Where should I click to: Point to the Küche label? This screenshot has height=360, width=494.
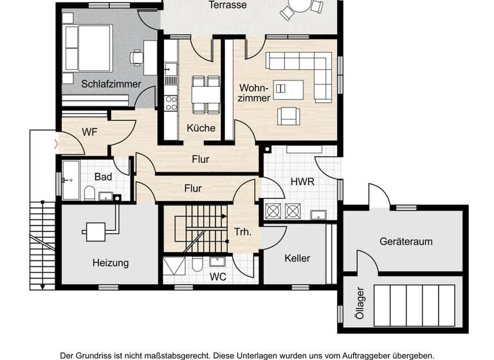[201, 128]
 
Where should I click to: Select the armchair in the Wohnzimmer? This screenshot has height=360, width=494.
[288, 116]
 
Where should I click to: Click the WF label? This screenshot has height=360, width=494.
[89, 132]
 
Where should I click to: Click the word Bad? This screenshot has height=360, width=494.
[103, 177]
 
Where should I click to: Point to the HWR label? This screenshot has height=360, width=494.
[302, 182]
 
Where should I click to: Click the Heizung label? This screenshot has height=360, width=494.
[111, 262]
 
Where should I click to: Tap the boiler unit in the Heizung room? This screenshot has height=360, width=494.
[95, 231]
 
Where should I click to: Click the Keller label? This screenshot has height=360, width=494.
[297, 258]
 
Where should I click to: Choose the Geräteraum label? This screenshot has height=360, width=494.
[406, 242]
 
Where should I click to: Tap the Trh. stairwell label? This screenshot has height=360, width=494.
[242, 232]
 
